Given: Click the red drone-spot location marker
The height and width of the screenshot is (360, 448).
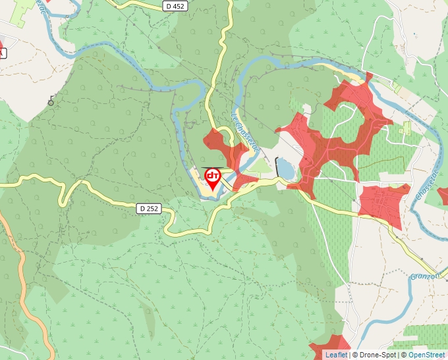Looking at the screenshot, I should point(213,178).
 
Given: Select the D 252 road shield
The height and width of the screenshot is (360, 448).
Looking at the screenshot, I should point(150,209).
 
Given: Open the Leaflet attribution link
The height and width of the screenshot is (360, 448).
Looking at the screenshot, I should point(336,355).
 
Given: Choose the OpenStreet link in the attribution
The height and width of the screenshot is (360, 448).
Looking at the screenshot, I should point(428,355).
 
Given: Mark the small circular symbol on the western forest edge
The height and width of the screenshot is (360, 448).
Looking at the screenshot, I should point(51,102).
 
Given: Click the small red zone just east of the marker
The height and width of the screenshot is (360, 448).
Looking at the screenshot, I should point(245,180).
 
